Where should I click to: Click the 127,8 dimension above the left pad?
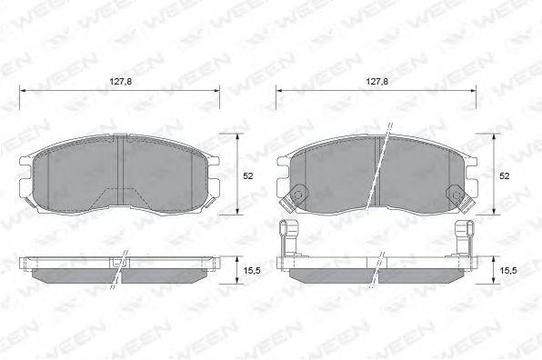[x=121, y=82]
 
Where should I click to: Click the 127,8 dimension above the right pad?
[x=377, y=82]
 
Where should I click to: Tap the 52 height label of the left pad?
[x=248, y=175]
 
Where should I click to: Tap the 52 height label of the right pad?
[x=505, y=175]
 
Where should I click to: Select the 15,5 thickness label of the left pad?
[x=252, y=271]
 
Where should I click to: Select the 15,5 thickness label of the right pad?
[x=508, y=271]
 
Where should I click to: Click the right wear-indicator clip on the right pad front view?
[x=460, y=199]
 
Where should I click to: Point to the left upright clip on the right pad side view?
[x=288, y=237]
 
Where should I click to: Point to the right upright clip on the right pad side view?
[x=465, y=237]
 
